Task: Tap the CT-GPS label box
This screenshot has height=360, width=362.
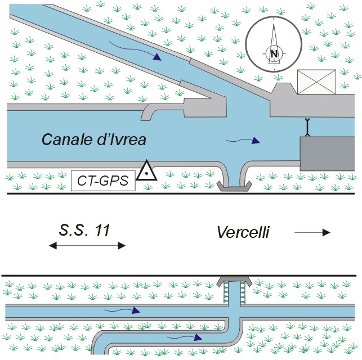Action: click(103, 181)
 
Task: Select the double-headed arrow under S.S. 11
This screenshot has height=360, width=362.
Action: click(87, 245)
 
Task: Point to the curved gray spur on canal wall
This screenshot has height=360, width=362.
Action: click(149, 111)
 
